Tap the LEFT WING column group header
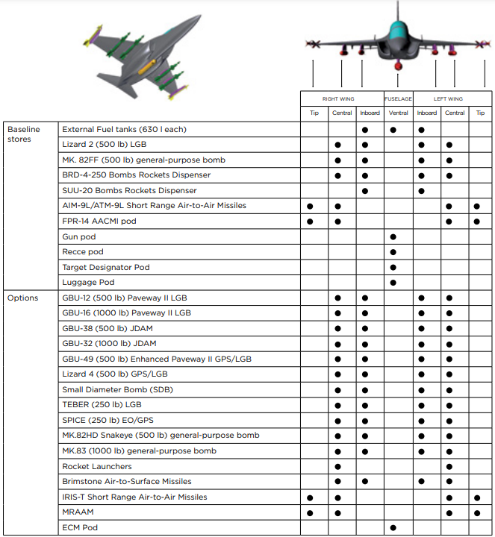click(448, 98)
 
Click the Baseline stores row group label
click(23, 134)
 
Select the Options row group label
click(22, 298)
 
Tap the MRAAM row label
click(78, 512)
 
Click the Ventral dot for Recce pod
click(393, 252)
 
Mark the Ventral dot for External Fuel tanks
click(393, 130)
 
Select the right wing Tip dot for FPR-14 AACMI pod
click(310, 222)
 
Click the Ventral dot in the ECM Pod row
click(393, 528)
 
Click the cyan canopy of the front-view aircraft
click(398, 31)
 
